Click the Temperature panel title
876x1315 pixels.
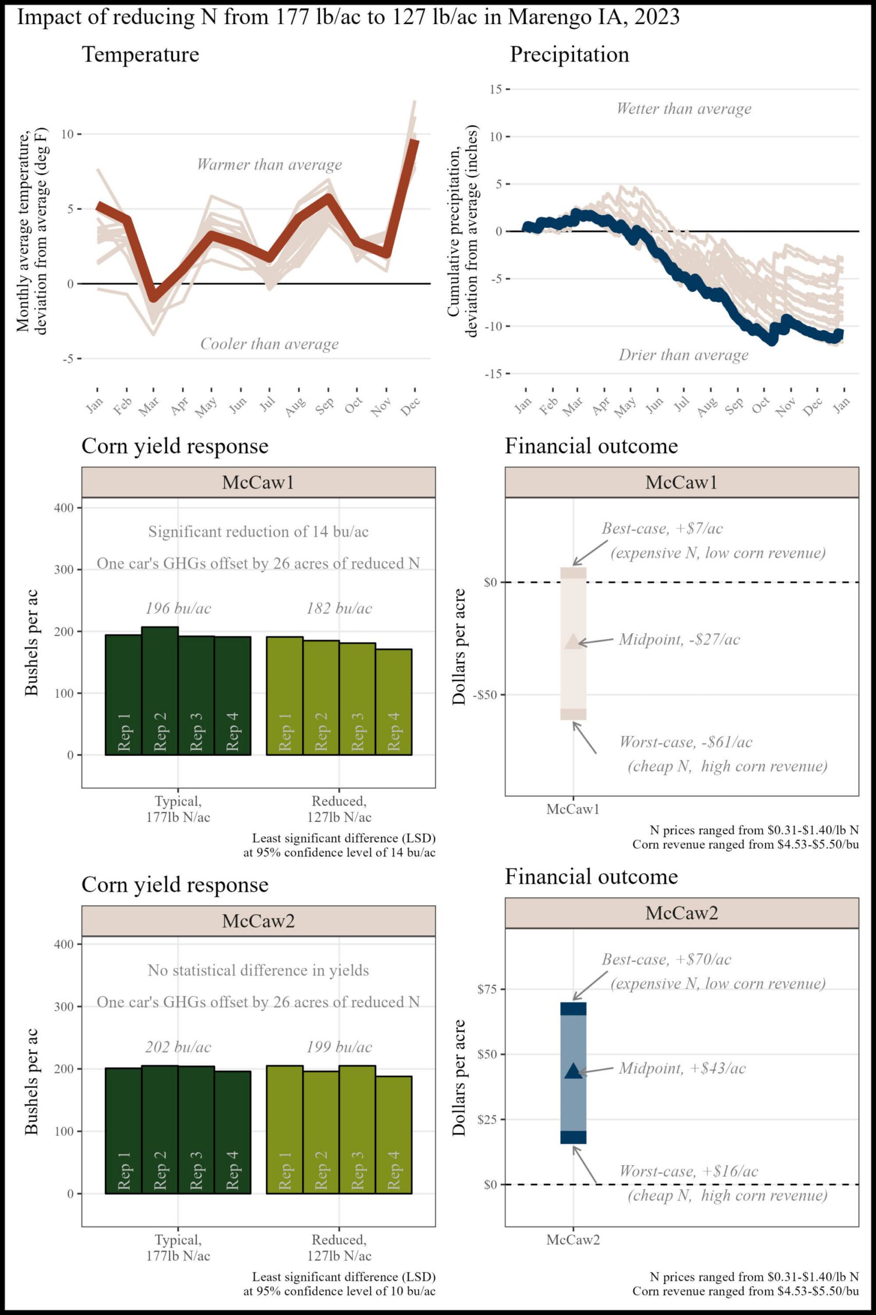140,55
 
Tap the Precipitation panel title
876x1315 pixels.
569,55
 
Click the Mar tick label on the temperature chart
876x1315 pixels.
149,406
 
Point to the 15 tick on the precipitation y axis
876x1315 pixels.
496,89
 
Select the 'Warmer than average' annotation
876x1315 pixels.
269,165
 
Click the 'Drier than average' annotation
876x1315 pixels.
683,355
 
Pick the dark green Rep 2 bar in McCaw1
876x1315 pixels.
160,690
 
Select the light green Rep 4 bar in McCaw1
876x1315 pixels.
394,702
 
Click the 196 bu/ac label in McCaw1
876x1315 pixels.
178,608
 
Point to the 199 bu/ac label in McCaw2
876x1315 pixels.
339,1047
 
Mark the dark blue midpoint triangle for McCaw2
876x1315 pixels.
573,1071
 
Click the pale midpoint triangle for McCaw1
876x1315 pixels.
573,641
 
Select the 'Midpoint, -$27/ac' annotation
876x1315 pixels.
679,640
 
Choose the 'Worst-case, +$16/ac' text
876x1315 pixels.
688,1171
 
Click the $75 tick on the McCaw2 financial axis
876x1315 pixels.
486,989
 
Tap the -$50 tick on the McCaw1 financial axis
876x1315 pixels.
484,695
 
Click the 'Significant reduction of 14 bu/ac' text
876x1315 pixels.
258,532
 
